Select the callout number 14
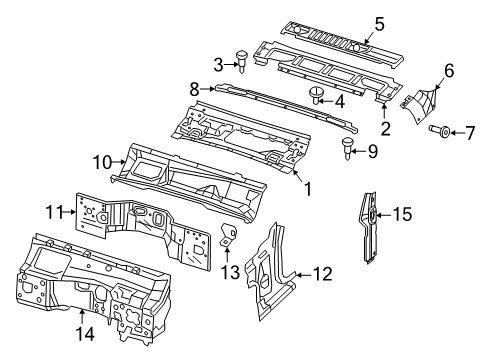coord(83,346)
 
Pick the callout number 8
coord(195,87)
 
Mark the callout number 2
coord(384,129)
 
